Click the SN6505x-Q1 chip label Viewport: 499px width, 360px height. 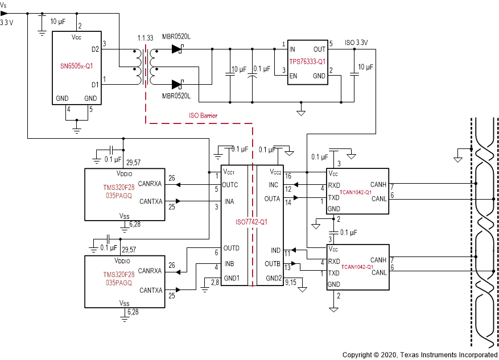77,65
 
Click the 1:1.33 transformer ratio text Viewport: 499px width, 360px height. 146,38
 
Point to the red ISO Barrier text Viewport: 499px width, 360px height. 203,115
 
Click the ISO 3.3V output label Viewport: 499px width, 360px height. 356,43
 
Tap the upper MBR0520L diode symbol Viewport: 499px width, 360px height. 176,49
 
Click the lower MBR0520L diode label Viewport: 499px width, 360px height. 176,96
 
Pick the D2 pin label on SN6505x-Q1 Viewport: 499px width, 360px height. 94,50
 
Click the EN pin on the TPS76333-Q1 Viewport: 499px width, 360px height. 292,76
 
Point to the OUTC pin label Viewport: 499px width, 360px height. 231,185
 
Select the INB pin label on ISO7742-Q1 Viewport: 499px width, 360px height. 229,263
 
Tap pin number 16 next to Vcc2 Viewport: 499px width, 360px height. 288,176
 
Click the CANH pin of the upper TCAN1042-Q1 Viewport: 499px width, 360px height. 378,184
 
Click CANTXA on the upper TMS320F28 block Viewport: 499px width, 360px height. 151,201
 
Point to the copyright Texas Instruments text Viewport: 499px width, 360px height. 420,355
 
